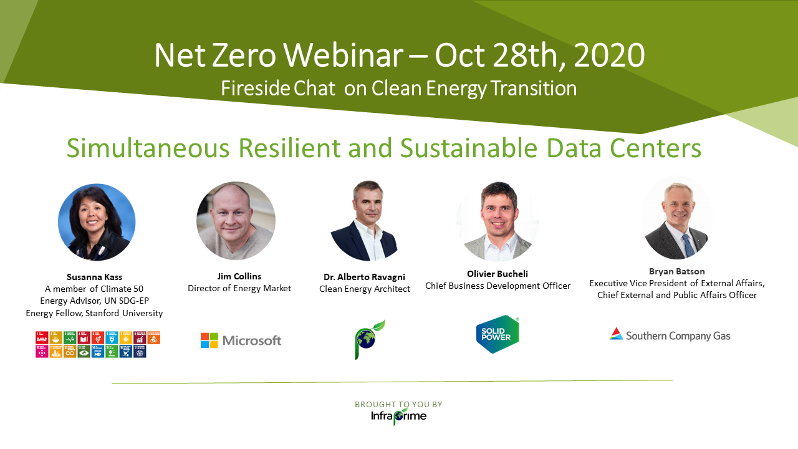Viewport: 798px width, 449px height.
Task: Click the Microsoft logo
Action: click(x=241, y=340)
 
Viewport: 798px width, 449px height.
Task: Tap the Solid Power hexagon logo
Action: click(x=497, y=335)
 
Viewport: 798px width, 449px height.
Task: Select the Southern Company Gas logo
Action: click(x=670, y=335)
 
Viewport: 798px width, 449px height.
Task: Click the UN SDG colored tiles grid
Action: click(x=98, y=344)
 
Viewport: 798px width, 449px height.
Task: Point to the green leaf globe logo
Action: click(x=370, y=339)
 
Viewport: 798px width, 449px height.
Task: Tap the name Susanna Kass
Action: click(x=94, y=277)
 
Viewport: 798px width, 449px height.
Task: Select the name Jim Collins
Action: click(x=239, y=276)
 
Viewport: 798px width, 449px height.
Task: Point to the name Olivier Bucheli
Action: click(x=498, y=274)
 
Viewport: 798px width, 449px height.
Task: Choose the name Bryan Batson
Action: click(x=677, y=271)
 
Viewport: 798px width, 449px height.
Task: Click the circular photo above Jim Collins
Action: click(x=236, y=221)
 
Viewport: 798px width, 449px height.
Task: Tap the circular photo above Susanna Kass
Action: click(x=97, y=222)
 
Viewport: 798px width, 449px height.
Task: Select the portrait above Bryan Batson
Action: click(x=676, y=218)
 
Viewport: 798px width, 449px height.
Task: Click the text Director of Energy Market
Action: click(x=239, y=288)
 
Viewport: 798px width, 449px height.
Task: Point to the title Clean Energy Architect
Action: click(x=365, y=289)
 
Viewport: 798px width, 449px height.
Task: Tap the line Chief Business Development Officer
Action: click(x=498, y=286)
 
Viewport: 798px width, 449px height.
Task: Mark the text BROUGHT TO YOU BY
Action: click(x=398, y=405)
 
